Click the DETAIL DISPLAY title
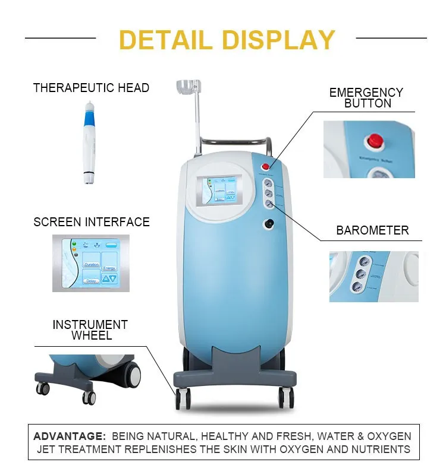coord(227,39)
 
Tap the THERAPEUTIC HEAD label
coord(91,88)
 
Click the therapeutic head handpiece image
coord(90,142)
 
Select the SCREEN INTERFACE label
coord(92,222)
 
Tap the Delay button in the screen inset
coord(91,280)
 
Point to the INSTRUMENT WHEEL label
coord(90,330)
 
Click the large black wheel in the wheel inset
coord(131,374)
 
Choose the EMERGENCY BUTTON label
coord(366,98)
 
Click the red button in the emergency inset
coord(375,140)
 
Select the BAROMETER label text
coord(372,230)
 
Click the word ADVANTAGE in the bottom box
coord(68,436)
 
